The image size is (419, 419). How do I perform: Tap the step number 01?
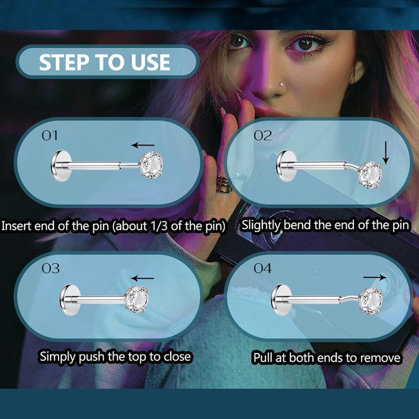pyautogui.click(x=50, y=136)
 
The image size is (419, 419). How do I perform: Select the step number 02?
pyautogui.click(x=263, y=136)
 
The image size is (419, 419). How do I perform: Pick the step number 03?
pyautogui.click(x=50, y=269)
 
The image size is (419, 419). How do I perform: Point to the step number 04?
pyautogui.click(x=263, y=269)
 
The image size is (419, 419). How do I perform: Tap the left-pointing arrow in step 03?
pyautogui.click(x=142, y=278)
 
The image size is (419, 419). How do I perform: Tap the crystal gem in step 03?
pyautogui.click(x=137, y=300)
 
